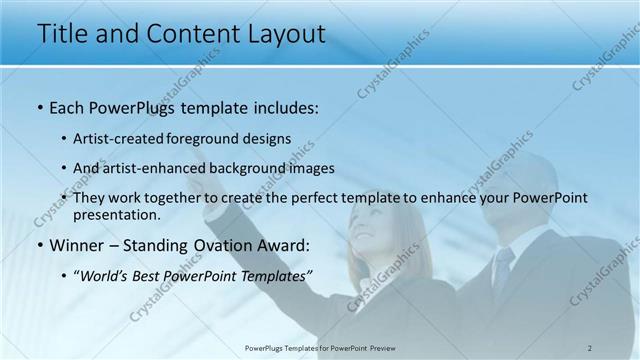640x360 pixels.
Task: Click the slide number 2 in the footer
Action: [590, 348]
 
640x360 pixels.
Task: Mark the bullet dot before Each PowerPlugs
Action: [39, 108]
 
